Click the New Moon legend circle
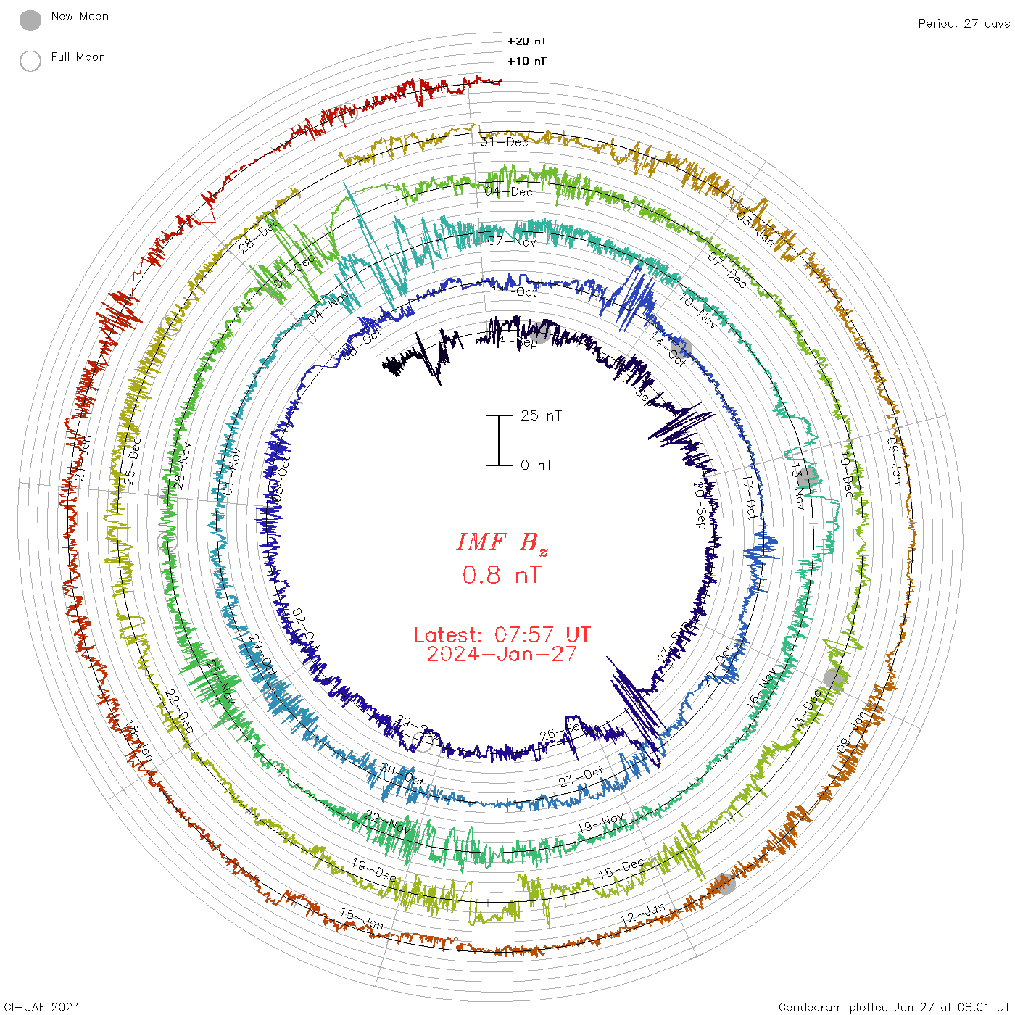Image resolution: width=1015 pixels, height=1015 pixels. click(x=30, y=21)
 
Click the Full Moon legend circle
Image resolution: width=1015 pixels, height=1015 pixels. click(x=30, y=61)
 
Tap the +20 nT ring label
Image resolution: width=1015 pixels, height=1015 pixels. click(x=527, y=41)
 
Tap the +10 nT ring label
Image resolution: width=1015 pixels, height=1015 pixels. click(x=527, y=61)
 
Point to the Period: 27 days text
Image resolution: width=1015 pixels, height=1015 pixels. click(x=964, y=23)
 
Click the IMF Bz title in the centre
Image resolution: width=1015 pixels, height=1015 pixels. click(x=502, y=542)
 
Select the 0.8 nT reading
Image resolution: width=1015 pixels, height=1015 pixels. click(x=502, y=575)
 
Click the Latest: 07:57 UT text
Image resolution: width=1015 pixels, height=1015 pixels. click(x=502, y=635)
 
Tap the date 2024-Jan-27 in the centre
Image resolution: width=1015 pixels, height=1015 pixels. click(x=502, y=654)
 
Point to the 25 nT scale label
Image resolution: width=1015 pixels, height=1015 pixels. click(x=541, y=415)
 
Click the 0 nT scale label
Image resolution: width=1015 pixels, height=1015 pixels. click(x=536, y=465)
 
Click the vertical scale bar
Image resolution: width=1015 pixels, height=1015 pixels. click(x=499, y=440)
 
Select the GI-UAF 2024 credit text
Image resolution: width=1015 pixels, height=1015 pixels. click(x=41, y=1007)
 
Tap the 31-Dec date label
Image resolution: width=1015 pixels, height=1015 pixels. click(x=505, y=142)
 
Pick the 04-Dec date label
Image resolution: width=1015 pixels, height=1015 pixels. click(x=509, y=192)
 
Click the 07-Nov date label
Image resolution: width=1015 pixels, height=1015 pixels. click(x=512, y=241)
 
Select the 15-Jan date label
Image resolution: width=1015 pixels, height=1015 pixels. click(x=362, y=919)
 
